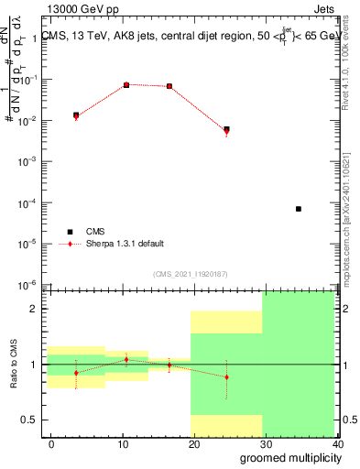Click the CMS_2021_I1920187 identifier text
tap(189, 274)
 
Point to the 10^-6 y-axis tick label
tap(29, 285)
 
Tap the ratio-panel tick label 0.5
tap(32, 420)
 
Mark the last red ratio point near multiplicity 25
tap(226, 377)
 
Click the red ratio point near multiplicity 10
tap(126, 359)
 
